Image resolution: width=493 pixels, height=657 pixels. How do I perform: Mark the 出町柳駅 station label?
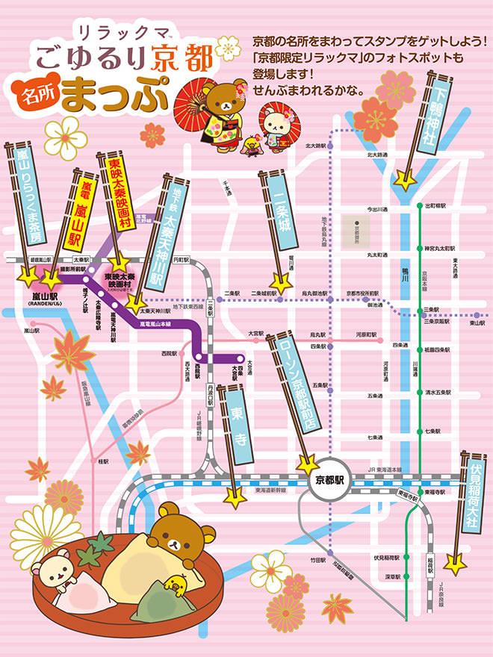[435, 205]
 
